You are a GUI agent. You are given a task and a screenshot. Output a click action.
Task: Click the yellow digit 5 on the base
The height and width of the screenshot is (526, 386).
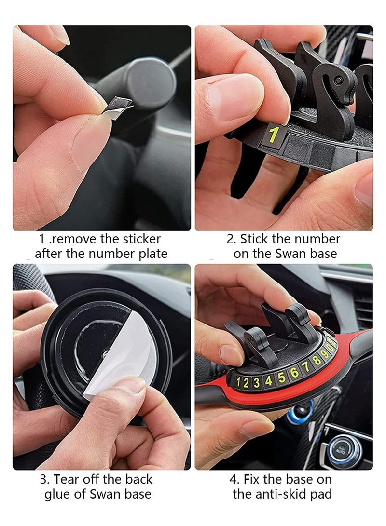(281, 376)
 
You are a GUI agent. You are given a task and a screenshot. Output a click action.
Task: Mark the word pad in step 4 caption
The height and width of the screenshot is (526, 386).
(321, 494)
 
